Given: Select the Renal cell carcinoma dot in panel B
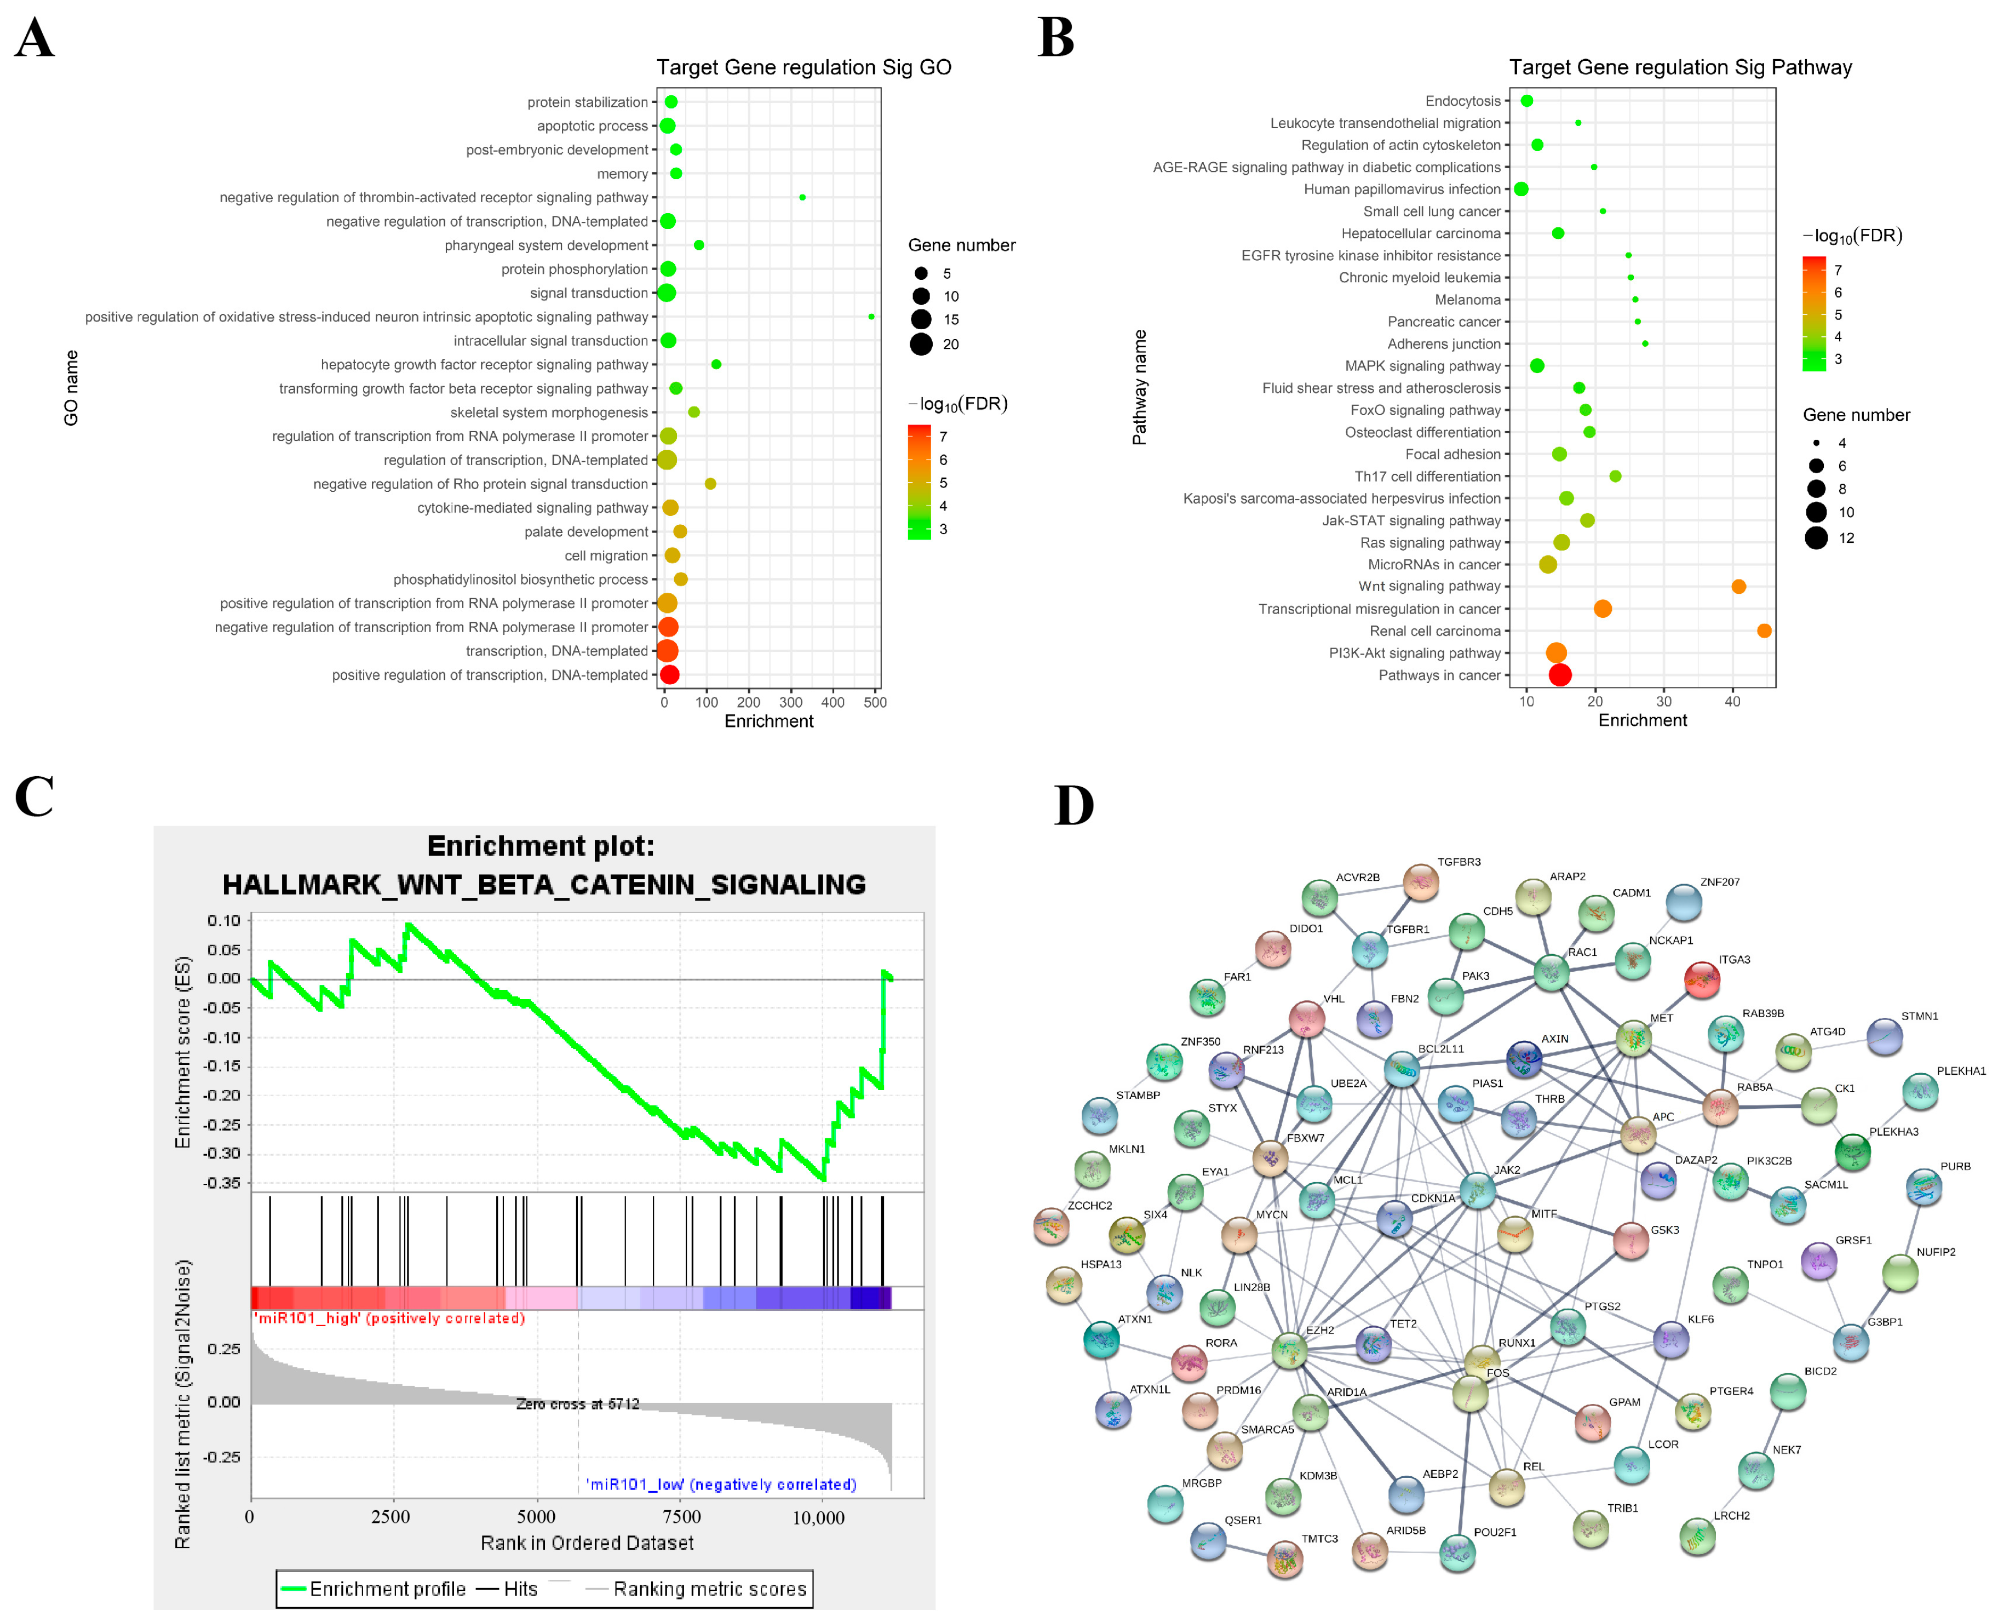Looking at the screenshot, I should click(x=1764, y=631).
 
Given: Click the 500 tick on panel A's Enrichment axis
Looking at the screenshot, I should click(x=874, y=703).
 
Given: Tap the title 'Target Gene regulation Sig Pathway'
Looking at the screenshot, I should click(x=1679, y=67).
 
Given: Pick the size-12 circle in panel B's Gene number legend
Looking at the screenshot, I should click(x=1815, y=538).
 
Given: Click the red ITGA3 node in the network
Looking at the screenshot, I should click(x=1702, y=979).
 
